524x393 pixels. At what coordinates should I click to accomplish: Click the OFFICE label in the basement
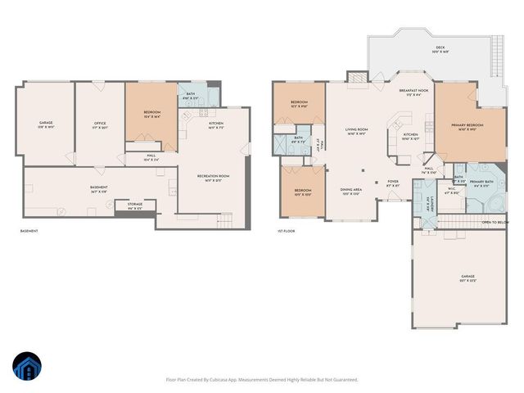click(x=100, y=125)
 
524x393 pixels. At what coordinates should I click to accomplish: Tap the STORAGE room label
click(x=134, y=205)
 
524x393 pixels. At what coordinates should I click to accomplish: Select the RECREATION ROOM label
click(x=213, y=177)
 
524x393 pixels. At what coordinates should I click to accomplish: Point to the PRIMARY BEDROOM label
click(x=467, y=126)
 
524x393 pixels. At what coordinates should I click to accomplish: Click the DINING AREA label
click(x=352, y=192)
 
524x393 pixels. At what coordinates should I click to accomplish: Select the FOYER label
click(x=393, y=183)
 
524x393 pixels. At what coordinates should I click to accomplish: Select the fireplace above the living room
click(x=357, y=76)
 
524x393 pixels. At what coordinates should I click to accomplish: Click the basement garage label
click(x=46, y=125)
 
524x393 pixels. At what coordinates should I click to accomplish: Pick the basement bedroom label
click(x=152, y=114)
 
